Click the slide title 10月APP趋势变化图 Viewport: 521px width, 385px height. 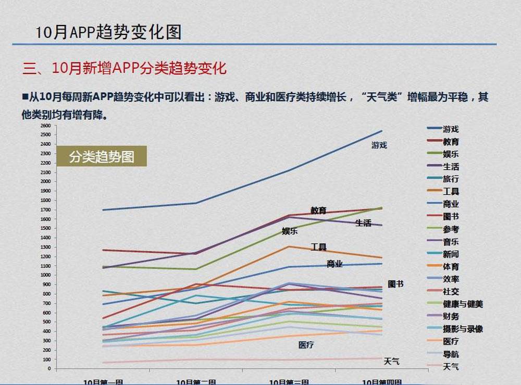click(108, 32)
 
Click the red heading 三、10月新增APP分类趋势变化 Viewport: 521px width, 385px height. click(125, 68)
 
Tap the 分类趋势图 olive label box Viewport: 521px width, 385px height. click(102, 156)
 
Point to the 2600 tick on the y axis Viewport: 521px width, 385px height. click(45, 126)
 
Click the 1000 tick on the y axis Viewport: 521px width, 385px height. click(45, 275)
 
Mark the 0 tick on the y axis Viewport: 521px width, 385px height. click(49, 368)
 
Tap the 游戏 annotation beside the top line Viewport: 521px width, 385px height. click(379, 145)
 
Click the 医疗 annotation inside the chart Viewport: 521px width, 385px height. click(306, 345)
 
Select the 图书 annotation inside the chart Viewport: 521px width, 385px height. click(395, 284)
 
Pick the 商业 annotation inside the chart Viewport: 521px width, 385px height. click(334, 264)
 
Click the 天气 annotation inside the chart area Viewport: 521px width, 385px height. click(391, 361)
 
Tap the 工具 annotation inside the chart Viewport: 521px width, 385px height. click(318, 247)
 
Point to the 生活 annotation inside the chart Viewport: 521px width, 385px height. click(363, 223)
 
